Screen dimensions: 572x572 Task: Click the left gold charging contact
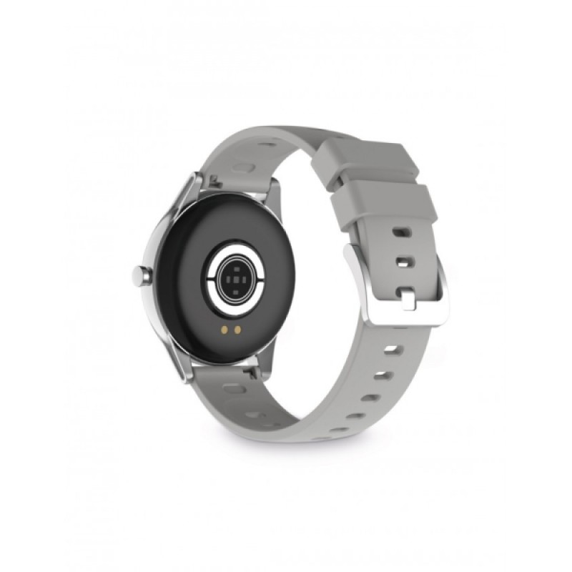(x=225, y=331)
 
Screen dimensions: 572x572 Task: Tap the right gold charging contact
(x=237, y=331)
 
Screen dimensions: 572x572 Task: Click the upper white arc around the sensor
(x=232, y=250)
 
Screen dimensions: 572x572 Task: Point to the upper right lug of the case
(x=272, y=189)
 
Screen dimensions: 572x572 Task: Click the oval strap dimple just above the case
(x=243, y=169)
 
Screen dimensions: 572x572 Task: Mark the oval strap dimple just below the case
(x=234, y=389)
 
